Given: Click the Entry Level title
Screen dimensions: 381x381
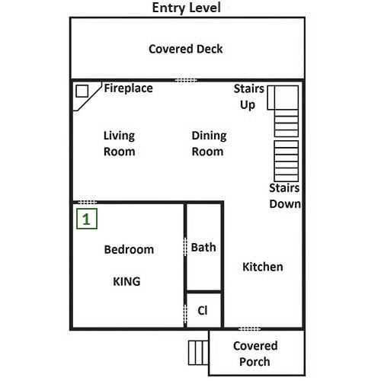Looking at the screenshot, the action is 186,8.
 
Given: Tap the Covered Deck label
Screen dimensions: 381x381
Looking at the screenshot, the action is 186,49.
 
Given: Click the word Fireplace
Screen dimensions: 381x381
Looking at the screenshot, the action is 129,88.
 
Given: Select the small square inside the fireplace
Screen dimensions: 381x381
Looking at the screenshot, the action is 82,91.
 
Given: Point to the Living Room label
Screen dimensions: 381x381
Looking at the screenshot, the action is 119,143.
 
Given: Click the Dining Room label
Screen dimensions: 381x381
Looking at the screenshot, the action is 209,143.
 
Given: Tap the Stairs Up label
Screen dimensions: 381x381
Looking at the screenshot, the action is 249,97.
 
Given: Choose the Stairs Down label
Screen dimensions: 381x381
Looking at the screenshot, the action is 285,196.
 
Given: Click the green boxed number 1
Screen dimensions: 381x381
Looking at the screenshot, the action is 87,219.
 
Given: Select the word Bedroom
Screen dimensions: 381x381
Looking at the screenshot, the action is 129,249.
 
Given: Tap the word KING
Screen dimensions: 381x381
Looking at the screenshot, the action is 126,281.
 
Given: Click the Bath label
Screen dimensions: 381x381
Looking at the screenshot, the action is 203,248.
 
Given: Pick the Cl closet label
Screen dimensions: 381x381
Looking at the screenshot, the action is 203,310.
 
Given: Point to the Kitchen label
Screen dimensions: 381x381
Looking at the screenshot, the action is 263,267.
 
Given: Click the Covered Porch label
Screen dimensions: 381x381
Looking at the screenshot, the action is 255,354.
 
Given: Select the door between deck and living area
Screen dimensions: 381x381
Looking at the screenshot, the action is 186,80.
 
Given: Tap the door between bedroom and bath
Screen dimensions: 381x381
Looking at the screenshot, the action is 185,247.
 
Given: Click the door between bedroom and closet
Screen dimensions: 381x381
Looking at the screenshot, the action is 185,314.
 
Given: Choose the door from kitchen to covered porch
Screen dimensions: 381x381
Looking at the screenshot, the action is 249,329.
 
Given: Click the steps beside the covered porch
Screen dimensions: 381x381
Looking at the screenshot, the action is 198,353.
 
